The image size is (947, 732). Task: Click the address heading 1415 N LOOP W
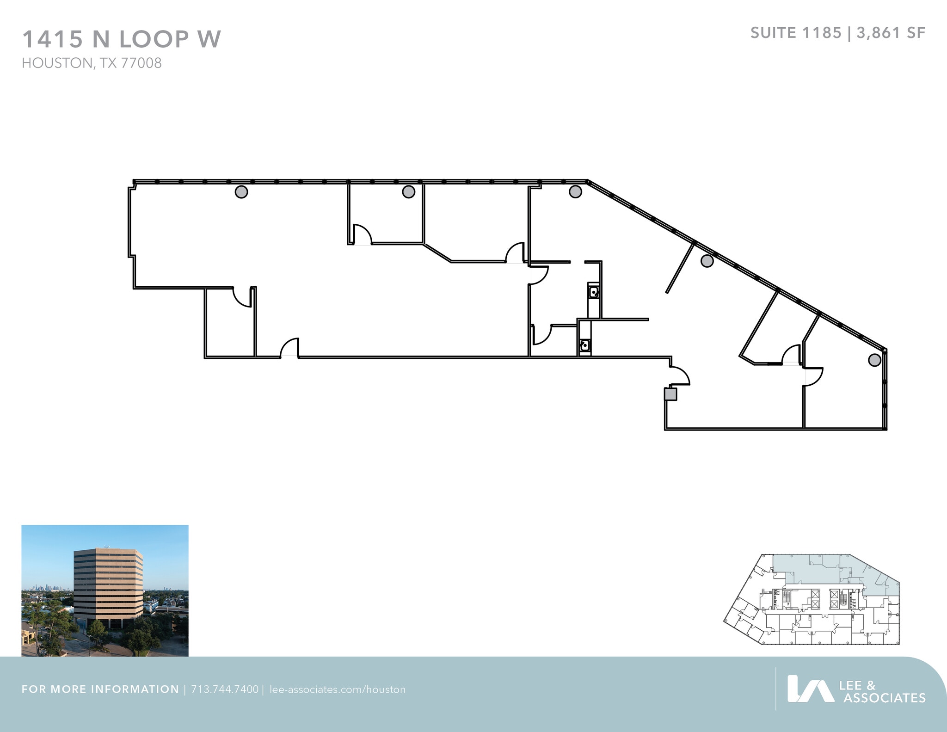(x=122, y=39)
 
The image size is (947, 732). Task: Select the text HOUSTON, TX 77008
(x=92, y=63)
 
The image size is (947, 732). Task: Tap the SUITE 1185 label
(x=795, y=33)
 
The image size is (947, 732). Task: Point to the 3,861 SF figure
(x=891, y=33)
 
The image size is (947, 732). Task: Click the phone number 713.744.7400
(x=224, y=689)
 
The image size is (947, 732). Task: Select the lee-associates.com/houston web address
(x=337, y=689)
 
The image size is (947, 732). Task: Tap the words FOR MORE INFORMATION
(x=100, y=689)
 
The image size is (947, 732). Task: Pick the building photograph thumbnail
(x=105, y=591)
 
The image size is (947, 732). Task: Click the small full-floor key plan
(x=812, y=599)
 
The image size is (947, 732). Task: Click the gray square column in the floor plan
(x=670, y=394)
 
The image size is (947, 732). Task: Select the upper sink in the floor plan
(x=594, y=292)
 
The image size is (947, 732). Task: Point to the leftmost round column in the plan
(x=241, y=191)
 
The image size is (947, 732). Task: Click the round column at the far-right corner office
(x=874, y=360)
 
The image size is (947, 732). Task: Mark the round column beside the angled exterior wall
(x=707, y=261)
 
